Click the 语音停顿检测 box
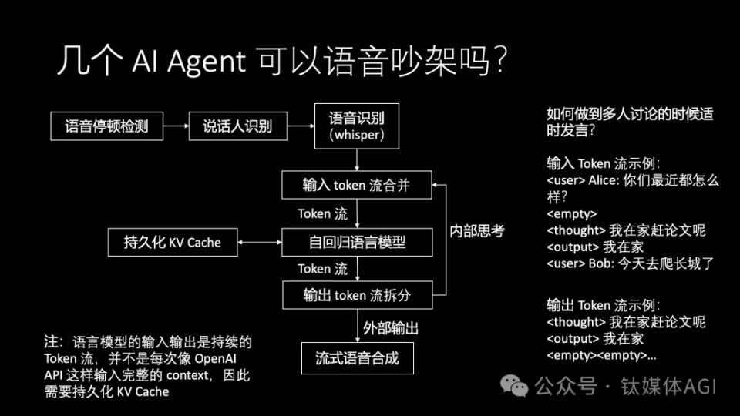coord(106,126)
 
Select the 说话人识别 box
coord(238,126)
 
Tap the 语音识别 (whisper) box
coord(357,126)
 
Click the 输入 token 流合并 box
coord(357,185)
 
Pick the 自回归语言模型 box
coord(357,242)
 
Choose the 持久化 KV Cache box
coord(173,242)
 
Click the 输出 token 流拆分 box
coord(357,295)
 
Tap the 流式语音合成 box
coord(357,358)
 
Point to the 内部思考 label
coord(476,230)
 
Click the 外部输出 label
coord(391,328)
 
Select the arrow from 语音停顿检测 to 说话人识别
coord(176,126)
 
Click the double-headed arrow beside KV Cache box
coord(260,242)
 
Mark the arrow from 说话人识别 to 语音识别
coord(301,126)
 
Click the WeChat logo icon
coord(514,386)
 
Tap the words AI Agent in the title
coord(189,62)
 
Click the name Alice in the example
coord(604,180)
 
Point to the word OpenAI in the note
coord(215,358)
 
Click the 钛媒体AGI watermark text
coord(669,386)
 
